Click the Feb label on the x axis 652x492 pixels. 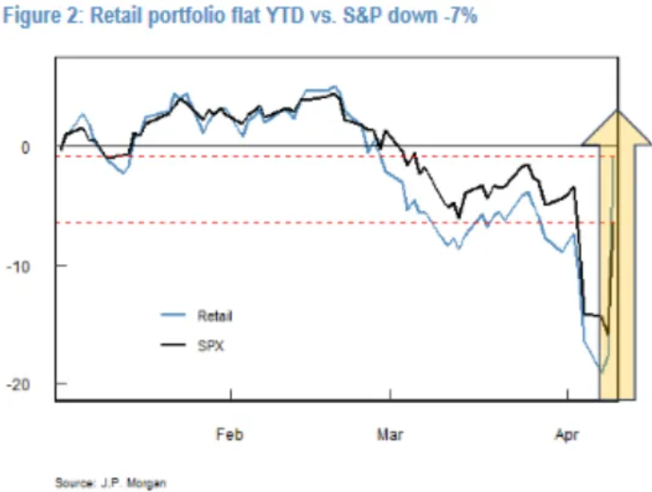tap(230, 434)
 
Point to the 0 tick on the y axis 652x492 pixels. tap(39, 147)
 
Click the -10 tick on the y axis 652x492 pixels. tap(33, 266)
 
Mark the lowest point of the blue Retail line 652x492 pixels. tap(600, 372)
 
